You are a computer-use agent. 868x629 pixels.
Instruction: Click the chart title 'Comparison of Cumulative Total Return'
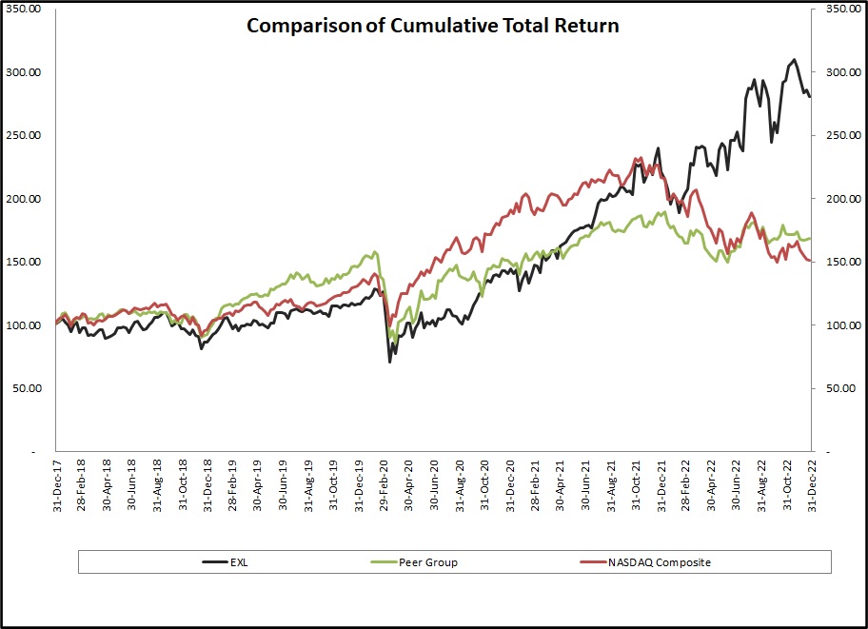point(433,26)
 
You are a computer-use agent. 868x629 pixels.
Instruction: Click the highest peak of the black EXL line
point(794,60)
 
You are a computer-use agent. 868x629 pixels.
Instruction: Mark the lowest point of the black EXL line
point(389,362)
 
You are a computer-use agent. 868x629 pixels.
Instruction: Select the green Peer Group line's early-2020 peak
point(375,252)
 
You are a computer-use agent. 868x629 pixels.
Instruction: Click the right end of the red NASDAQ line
point(810,262)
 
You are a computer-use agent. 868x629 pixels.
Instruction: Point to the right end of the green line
point(810,238)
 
